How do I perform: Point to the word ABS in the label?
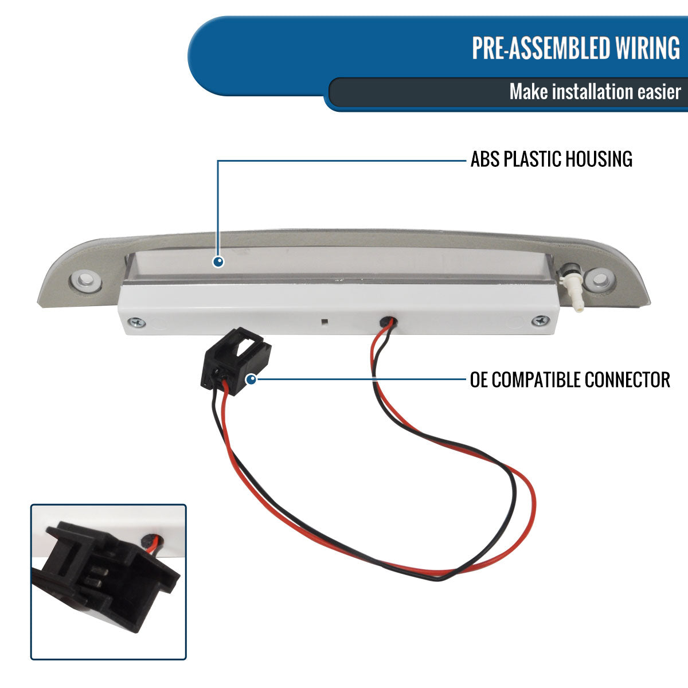tap(485, 159)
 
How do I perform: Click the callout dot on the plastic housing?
tap(218, 262)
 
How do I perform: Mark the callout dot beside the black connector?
tap(251, 379)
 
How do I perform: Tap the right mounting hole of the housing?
tap(600, 280)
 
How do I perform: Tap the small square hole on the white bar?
tap(324, 321)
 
